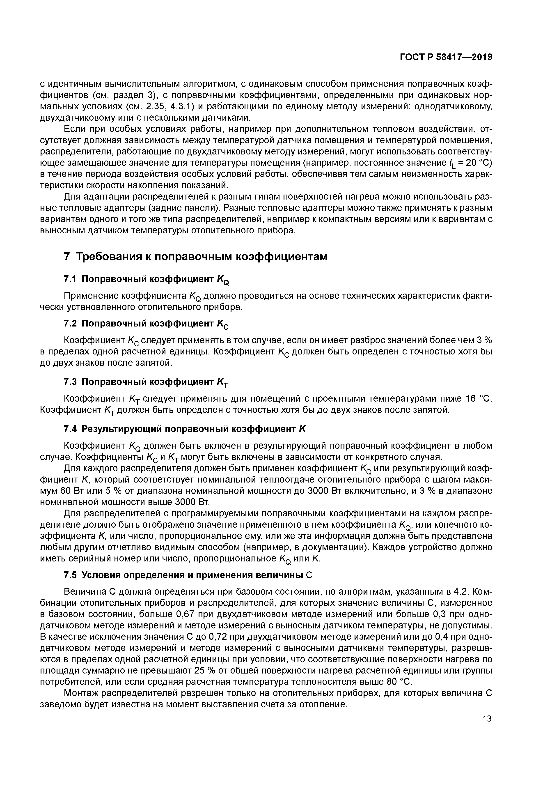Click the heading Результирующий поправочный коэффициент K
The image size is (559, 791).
pyautogui.click(x=194, y=429)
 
